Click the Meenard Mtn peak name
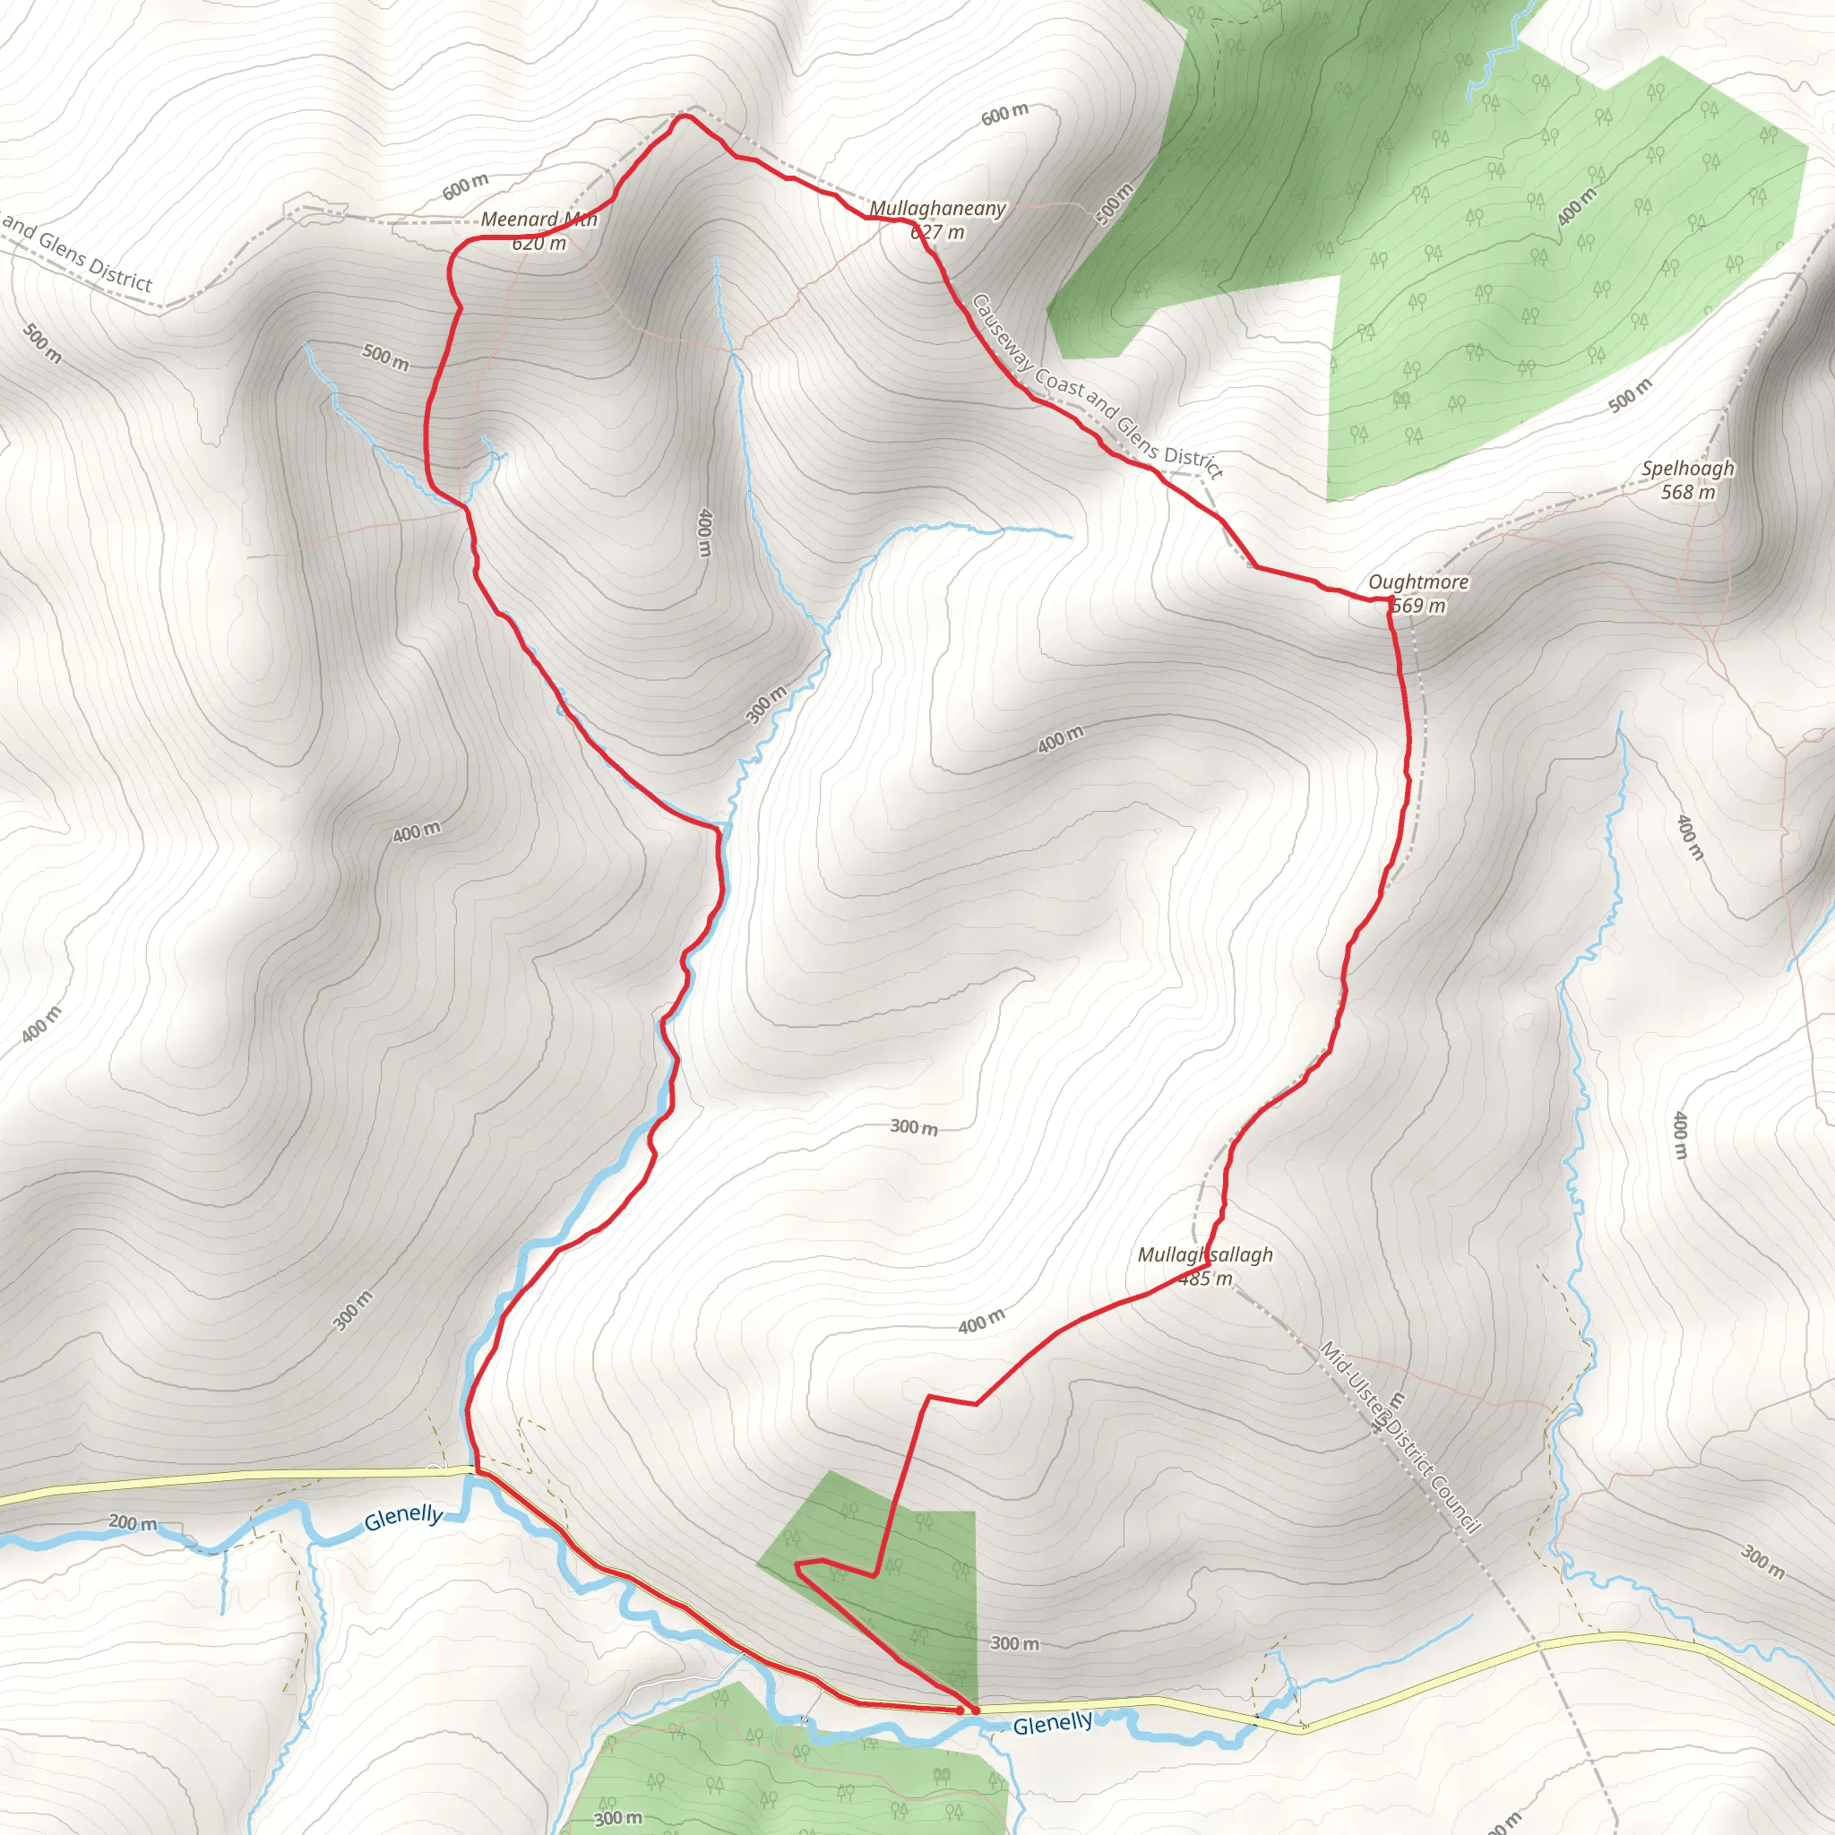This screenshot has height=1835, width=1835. click(x=538, y=220)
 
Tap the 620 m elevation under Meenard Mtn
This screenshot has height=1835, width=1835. click(x=538, y=243)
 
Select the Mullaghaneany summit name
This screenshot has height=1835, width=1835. click(x=937, y=208)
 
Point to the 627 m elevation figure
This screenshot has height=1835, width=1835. click(x=937, y=232)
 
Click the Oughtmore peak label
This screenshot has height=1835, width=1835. click(x=1418, y=582)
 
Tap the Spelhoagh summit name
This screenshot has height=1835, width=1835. click(x=1688, y=469)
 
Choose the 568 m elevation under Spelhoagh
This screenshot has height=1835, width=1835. click(x=1688, y=491)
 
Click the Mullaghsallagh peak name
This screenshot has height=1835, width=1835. click(x=1205, y=1254)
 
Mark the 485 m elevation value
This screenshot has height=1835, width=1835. click(x=1205, y=1279)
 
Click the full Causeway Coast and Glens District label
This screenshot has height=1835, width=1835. click(x=1097, y=385)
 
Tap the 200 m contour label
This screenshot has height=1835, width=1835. click(x=133, y=1522)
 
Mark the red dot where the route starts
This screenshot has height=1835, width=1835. click(x=975, y=1710)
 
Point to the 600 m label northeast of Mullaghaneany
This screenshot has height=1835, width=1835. click(x=1005, y=114)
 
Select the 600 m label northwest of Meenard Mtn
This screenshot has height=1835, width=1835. click(x=465, y=186)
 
